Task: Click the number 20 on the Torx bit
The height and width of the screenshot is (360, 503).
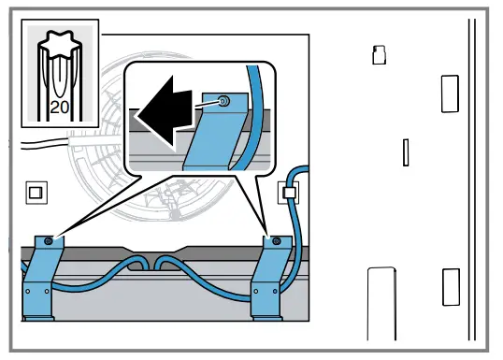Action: [58, 107]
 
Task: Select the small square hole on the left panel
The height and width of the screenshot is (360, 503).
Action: [35, 193]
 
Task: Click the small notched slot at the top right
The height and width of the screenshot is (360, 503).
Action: [379, 55]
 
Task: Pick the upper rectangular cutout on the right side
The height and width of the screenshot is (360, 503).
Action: [450, 94]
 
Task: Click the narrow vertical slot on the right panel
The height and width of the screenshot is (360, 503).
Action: [406, 152]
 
